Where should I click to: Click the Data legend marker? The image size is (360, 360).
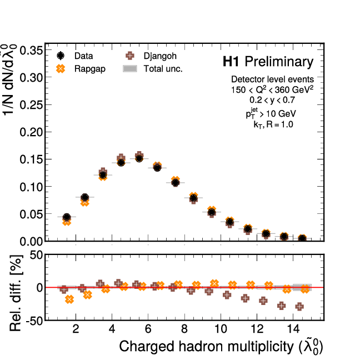61,56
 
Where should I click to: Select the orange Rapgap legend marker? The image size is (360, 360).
61,69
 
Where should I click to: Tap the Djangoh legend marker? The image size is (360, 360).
130,56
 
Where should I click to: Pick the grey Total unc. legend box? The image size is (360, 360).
130,69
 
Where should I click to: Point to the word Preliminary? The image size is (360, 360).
279,62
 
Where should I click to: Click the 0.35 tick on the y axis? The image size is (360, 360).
31,51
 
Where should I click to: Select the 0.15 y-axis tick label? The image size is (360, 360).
31,160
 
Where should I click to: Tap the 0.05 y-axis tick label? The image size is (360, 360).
31,214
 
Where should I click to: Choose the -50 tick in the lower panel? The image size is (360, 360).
30,321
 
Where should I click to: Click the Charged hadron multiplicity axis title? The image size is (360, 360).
221,347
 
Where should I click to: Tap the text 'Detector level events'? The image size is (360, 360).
272,79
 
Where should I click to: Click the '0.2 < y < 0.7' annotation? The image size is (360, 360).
272,100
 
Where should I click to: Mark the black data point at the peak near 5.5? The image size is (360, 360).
139,158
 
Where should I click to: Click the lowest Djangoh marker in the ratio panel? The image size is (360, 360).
299,306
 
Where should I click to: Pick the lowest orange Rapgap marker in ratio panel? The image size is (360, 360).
69,299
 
